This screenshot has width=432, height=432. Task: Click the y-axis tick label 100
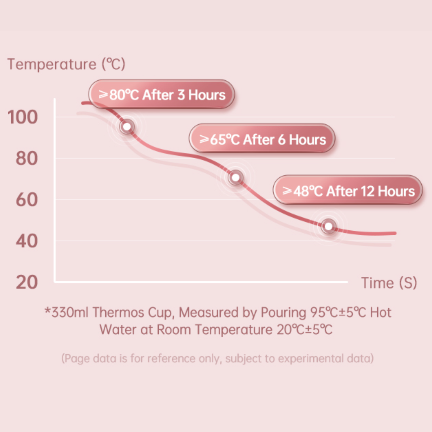tap(23, 117)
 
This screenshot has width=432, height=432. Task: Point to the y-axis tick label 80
tap(26, 158)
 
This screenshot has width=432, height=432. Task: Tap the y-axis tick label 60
tap(26, 200)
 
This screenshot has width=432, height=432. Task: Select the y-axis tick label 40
tap(26, 241)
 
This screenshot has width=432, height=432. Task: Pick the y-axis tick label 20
tap(26, 282)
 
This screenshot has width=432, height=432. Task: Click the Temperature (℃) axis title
tap(66, 64)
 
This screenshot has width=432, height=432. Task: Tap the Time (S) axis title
tap(389, 283)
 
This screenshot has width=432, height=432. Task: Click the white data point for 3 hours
tap(127, 127)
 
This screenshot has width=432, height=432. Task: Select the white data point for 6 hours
tap(236, 178)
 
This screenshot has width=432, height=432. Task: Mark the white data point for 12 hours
tap(329, 226)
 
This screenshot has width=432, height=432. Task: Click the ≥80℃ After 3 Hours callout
tap(162, 94)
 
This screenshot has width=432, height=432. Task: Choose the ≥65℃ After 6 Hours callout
tap(262, 139)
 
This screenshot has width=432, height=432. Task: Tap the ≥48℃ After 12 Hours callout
tap(348, 190)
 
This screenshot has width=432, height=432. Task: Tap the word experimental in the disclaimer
tap(311, 359)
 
